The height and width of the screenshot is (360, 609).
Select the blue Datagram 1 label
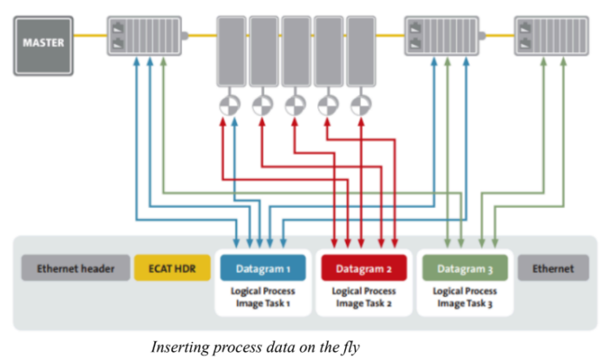point(262,267)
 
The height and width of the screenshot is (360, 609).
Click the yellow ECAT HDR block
point(169,267)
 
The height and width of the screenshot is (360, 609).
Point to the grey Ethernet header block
point(74,267)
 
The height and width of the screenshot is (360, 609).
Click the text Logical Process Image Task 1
point(261,297)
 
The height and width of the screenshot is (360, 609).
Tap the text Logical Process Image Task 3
point(464,297)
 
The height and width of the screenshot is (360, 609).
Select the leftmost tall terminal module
point(231,50)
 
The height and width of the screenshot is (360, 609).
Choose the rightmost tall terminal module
point(361,50)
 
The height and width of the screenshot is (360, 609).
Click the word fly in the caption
point(348,345)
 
